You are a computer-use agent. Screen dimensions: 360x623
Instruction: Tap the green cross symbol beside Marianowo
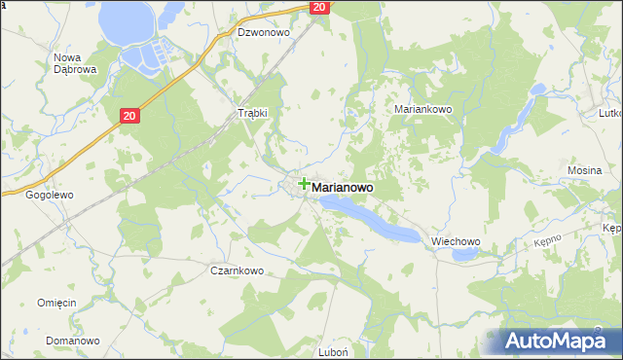click(304, 183)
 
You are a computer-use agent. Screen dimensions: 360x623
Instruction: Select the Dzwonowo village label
click(265, 32)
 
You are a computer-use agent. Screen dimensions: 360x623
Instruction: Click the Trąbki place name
click(253, 113)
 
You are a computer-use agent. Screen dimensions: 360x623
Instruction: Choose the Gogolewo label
click(50, 195)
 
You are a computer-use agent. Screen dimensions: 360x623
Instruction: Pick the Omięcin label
click(57, 303)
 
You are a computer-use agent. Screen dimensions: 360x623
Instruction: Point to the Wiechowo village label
click(457, 241)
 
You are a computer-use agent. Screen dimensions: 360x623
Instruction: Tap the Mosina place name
click(585, 169)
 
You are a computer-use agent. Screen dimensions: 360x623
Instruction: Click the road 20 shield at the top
click(320, 8)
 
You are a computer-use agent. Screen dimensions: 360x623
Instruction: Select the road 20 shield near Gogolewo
click(131, 116)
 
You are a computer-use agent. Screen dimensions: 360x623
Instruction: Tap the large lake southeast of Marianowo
click(375, 218)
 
